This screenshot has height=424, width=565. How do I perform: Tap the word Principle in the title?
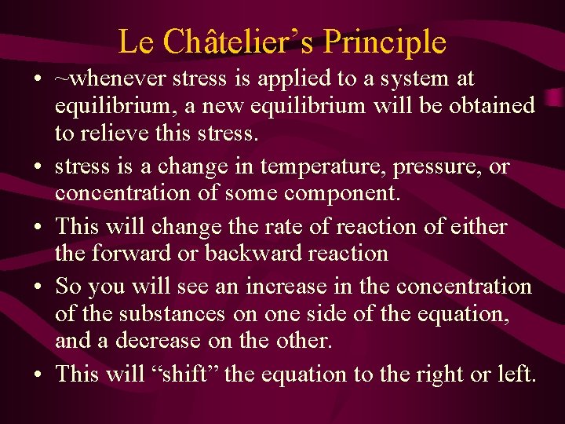(x=390, y=42)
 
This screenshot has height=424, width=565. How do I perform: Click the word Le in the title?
(x=136, y=42)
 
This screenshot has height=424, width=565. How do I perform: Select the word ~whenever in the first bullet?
(x=104, y=79)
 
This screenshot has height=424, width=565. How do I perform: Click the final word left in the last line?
(x=516, y=373)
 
